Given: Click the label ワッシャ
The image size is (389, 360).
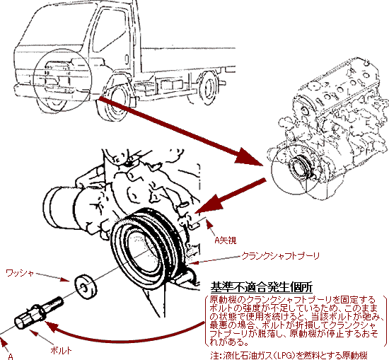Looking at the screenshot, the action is (20, 273).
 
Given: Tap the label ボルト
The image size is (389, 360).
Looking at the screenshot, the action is (61, 350).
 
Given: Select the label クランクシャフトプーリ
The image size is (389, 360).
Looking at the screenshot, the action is (280, 256).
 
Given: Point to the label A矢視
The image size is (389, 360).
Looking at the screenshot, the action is (225, 240).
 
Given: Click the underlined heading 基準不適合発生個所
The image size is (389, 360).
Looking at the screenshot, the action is (262, 287).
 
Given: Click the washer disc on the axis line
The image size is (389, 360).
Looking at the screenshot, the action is (86, 286).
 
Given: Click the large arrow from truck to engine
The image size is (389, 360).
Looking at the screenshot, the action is (180, 131).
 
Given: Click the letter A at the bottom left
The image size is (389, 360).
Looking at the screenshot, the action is (11, 356).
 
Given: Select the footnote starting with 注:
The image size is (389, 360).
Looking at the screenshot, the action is (289, 355).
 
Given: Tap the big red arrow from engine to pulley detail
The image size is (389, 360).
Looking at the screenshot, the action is (231, 196).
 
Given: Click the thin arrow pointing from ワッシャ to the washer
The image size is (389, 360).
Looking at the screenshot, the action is (52, 277).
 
